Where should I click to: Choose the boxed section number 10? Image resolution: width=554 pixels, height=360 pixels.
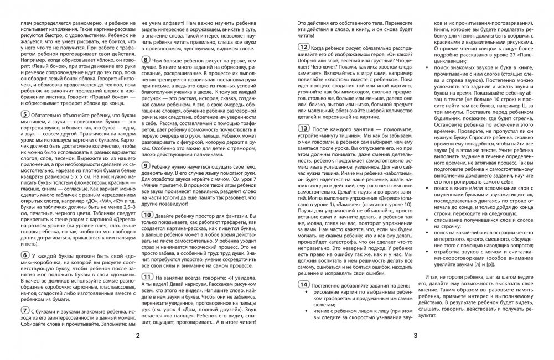pyautogui.click(x=148, y=214)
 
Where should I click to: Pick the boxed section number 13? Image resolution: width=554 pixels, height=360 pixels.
pyautogui.click(x=303, y=143)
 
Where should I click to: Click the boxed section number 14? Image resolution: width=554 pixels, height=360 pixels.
pyautogui.click(x=303, y=284)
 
